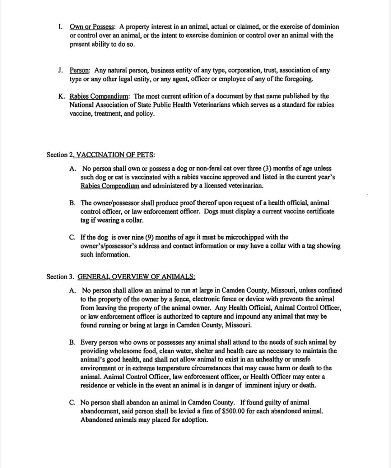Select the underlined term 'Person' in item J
(80, 71)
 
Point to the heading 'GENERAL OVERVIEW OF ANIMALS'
(136, 277)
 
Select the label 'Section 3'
(60, 277)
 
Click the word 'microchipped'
(258, 237)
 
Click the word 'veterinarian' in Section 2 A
(245, 186)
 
